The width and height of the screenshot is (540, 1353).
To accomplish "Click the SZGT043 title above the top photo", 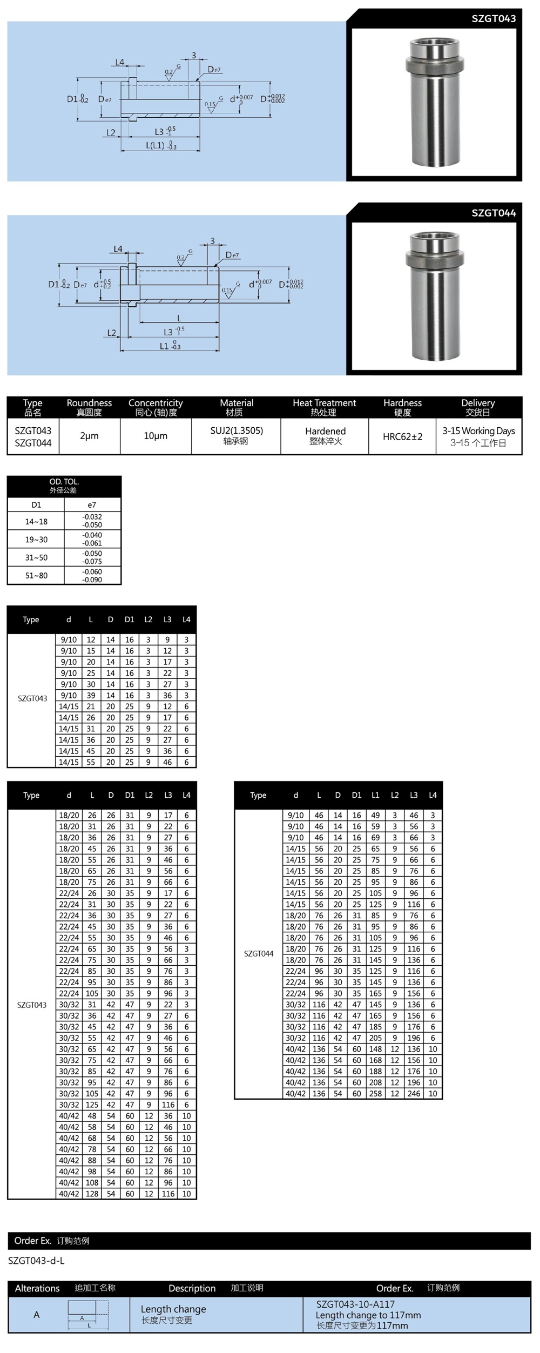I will [493, 19].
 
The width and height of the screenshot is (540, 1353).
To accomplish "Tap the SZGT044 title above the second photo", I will [493, 213].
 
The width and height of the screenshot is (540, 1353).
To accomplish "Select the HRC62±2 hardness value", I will [402, 436].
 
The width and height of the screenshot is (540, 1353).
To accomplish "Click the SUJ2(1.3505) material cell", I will [237, 431].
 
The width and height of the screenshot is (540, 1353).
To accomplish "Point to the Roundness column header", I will [89, 403].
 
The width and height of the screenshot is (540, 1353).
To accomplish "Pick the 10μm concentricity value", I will [156, 436].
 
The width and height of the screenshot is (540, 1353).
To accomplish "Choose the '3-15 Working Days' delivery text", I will [478, 431].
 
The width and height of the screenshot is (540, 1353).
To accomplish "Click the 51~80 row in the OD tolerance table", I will [36, 576].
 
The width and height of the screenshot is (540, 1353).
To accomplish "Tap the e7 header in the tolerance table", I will [92, 505].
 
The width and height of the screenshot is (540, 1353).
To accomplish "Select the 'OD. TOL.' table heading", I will [64, 482].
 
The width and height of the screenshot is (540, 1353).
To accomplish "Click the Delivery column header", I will [478, 403].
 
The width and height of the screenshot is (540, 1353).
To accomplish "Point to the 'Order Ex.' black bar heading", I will [33, 1241].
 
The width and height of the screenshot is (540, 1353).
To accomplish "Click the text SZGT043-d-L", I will [36, 1261].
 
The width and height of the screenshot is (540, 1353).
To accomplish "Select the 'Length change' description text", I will [173, 1309].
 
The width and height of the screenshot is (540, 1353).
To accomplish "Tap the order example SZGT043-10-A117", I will [355, 1304].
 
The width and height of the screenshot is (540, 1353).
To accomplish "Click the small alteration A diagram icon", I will [88, 1315].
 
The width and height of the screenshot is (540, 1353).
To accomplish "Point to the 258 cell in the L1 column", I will [375, 1094].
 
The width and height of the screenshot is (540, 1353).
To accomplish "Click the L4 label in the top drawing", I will [120, 63].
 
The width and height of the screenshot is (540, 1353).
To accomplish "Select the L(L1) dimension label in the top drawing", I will [155, 146].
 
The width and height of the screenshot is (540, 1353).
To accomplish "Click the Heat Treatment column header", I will [324, 403].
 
